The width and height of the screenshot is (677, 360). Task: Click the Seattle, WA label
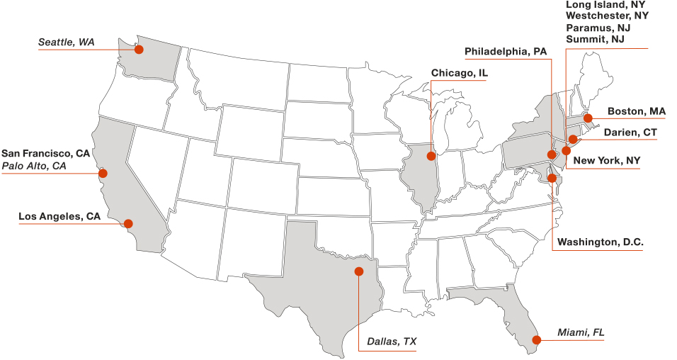click(66, 43)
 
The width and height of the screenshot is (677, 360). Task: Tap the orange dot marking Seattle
click(139, 49)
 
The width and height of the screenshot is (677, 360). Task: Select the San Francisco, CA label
click(45, 153)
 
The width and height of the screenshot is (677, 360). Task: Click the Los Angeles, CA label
click(59, 217)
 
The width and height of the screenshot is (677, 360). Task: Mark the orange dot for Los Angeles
click(128, 223)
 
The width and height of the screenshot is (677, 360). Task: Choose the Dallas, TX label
click(392, 342)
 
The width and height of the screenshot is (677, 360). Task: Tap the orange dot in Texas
click(358, 271)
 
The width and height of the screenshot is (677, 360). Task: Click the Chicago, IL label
click(459, 73)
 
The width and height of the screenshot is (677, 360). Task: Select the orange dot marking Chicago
click(431, 155)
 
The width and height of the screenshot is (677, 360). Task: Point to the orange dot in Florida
click(536, 339)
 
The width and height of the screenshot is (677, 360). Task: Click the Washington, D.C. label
click(600, 242)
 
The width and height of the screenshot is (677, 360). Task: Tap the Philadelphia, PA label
click(506, 52)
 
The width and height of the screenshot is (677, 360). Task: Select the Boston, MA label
click(636, 111)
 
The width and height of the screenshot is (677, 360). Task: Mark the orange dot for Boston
click(588, 118)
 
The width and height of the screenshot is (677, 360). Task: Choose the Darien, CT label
click(630, 133)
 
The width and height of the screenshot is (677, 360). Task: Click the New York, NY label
click(606, 161)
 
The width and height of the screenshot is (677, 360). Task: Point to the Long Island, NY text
click(605, 5)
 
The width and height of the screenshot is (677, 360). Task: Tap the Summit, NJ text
click(595, 39)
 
